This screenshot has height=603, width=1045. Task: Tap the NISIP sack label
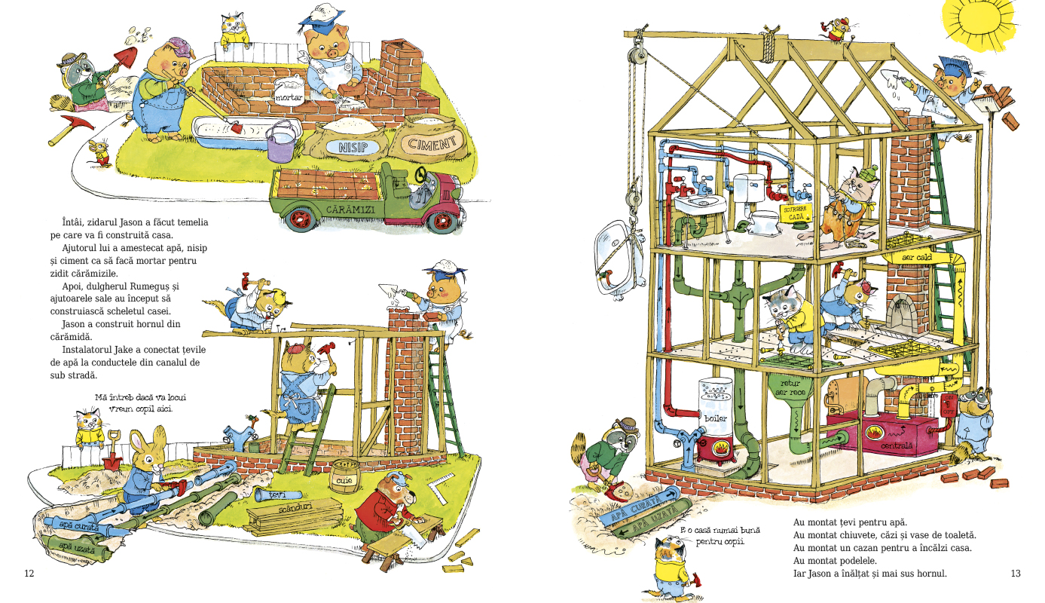[353, 147]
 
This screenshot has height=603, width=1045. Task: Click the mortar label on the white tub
[289, 97]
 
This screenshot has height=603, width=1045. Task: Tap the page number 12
[29, 574]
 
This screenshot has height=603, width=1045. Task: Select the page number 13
[1015, 574]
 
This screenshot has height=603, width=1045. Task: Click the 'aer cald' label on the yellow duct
[918, 258]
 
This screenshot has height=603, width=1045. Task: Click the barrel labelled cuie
[346, 477]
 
